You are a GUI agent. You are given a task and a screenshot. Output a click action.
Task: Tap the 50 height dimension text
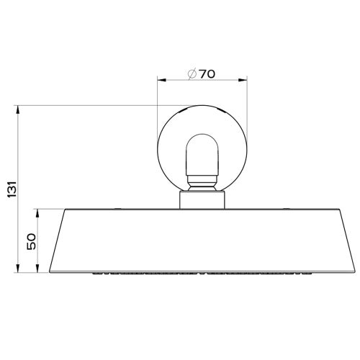[32, 241]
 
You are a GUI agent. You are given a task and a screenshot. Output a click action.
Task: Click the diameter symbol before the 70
[191, 73]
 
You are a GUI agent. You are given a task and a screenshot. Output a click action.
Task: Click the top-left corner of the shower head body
[64, 209]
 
